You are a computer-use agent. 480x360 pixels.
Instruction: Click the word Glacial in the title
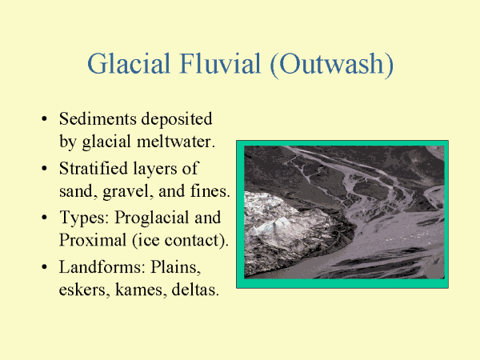[129, 63]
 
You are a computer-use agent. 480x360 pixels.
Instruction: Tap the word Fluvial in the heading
[221, 63]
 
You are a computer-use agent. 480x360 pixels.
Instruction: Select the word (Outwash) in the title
[332, 64]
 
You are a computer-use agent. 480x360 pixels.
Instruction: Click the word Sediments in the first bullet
[98, 118]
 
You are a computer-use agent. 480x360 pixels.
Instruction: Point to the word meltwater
[176, 142]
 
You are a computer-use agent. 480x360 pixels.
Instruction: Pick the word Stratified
[94, 168]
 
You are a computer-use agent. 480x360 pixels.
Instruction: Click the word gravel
[128, 192]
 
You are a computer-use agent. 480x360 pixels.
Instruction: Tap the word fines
[210, 190]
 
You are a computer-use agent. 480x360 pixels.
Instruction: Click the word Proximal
[93, 240]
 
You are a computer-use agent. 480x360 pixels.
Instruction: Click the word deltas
[195, 290]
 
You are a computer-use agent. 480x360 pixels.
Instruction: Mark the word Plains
[175, 267]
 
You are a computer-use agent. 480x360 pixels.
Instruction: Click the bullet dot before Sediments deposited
[44, 118]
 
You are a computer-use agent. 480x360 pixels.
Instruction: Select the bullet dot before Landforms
[44, 267]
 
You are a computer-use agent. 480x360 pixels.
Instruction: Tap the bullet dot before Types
[44, 218]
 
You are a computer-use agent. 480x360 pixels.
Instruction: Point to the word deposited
[177, 119]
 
